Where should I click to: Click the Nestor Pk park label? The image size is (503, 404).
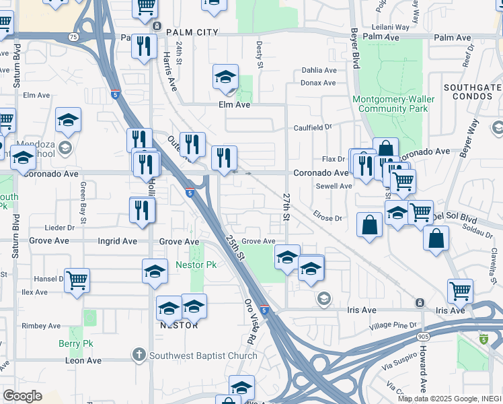point(196,265)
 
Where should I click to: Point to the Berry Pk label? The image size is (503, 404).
point(75,344)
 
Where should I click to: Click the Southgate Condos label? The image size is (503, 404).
point(472,93)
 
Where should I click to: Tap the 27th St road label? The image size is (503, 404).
point(286,207)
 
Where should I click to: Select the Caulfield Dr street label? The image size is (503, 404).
point(313,127)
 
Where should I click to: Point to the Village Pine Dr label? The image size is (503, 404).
point(393,326)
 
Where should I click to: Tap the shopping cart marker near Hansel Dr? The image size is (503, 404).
point(77,279)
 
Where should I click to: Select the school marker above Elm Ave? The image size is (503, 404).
point(226,77)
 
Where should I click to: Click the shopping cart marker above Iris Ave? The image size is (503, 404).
point(461,290)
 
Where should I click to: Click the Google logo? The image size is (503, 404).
point(22,396)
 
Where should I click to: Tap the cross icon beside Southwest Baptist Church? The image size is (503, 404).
point(139,355)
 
